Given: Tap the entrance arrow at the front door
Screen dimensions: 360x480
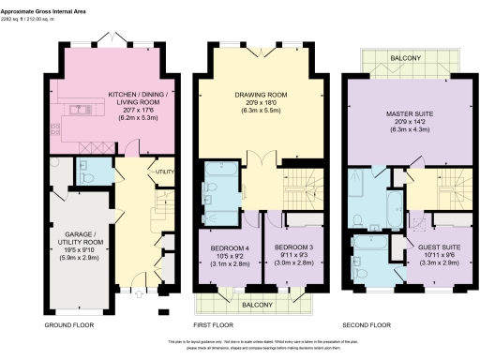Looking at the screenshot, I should click(140, 292).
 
